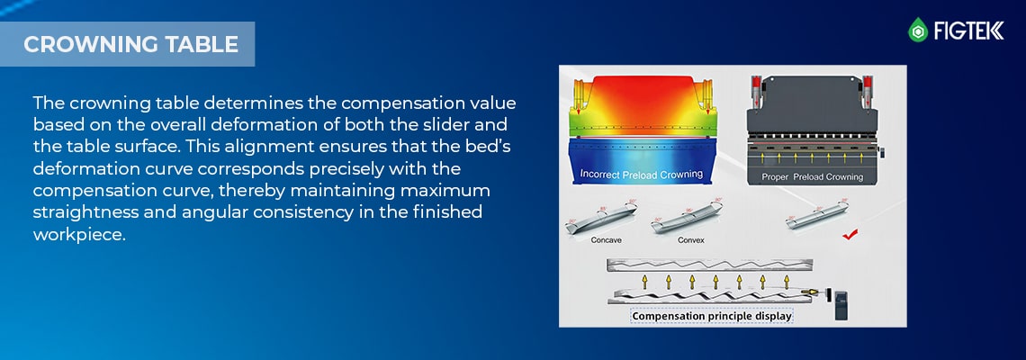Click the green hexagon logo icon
coord(918,31)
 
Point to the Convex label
coord(691,241)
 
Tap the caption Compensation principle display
coord(712,316)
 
